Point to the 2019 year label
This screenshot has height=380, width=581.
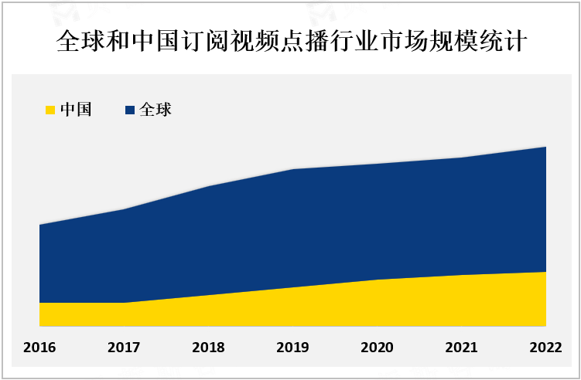click(292, 348)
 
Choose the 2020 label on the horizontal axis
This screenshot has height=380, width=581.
click(377, 348)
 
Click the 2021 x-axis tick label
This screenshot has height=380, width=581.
click(461, 348)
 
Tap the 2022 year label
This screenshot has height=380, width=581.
click(545, 348)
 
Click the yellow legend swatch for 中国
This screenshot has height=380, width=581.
click(51, 110)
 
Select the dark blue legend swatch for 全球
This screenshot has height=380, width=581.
click(129, 110)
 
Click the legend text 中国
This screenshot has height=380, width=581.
click(76, 110)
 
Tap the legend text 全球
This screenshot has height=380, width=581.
click(155, 110)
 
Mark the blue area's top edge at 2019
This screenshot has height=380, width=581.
click(292, 169)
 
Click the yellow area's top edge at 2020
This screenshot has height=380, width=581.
click(377, 280)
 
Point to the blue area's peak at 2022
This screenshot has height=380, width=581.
click(545, 147)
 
